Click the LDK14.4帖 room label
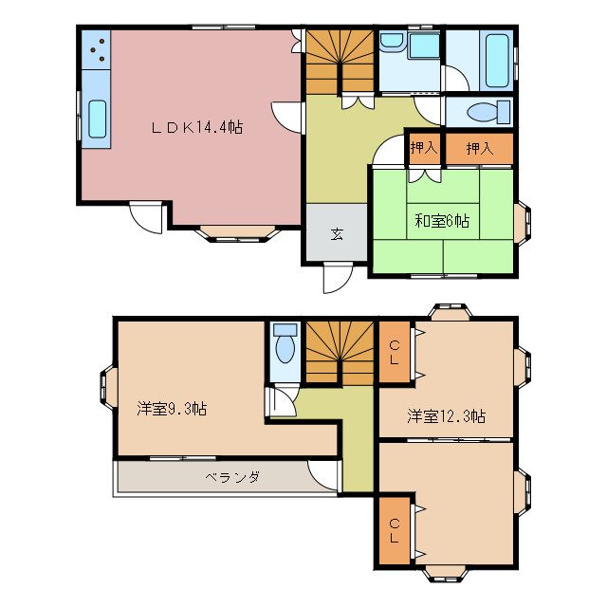point(197,126)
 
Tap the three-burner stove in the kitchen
point(96,49)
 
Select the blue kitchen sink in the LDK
point(96,120)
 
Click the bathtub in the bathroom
point(495,58)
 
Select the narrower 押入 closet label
point(423,148)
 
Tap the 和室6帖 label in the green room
point(441,221)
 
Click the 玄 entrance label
point(337,234)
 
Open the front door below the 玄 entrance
point(335,277)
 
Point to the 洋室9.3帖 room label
point(172,409)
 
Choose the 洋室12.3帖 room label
point(447,415)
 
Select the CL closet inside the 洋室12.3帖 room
point(394,353)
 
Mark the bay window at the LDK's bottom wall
point(234,232)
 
